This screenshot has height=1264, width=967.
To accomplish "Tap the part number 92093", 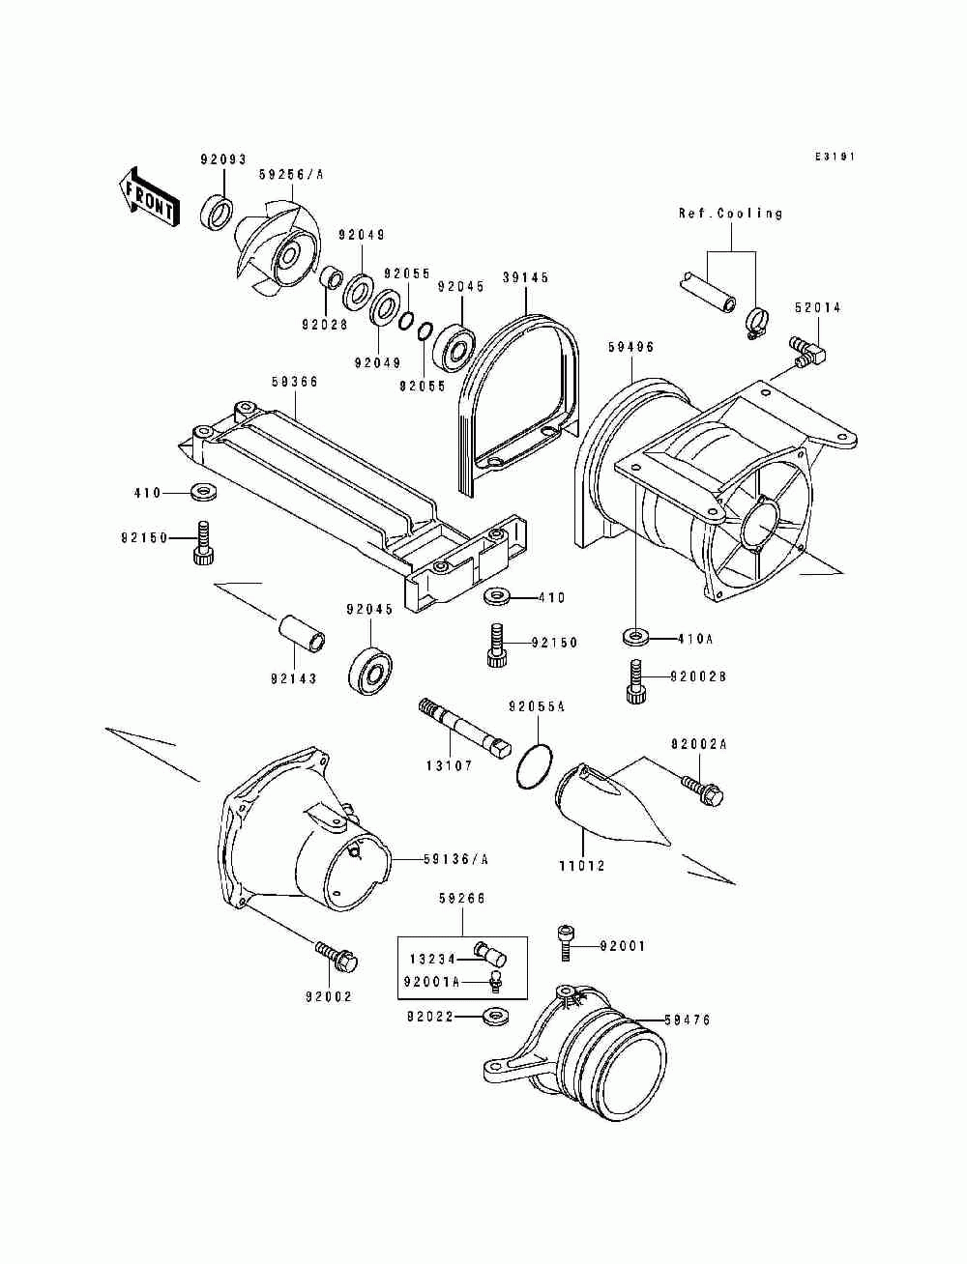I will pos(223,159).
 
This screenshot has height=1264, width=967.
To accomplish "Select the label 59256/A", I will pos(291,175).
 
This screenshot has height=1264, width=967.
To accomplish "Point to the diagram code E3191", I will pos(835,158).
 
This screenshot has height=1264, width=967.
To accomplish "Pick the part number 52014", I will pos(818,308).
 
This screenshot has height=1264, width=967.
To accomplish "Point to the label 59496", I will pos(631,346).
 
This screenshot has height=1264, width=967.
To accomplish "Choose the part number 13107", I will pos(449,765).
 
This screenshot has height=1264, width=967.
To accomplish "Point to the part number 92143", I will pos(293,678).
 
